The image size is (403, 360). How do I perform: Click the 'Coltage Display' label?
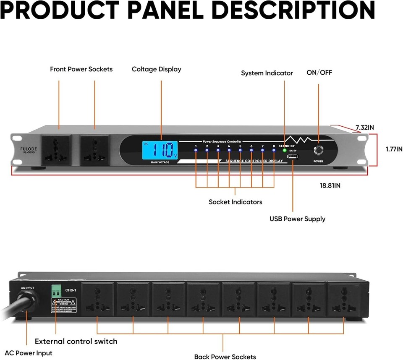click(156, 69)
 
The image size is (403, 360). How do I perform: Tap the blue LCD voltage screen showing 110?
click(160, 150)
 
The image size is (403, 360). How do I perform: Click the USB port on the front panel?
click(292, 157)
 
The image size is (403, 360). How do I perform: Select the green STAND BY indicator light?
click(284, 150)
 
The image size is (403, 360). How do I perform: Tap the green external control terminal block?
click(56, 290)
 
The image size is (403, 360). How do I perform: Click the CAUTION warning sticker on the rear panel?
click(63, 303)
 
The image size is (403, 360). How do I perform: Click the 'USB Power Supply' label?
click(297, 219)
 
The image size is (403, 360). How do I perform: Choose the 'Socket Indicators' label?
click(235, 202)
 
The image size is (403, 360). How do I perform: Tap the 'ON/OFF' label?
click(319, 73)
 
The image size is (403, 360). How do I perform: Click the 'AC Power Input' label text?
click(29, 353)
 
